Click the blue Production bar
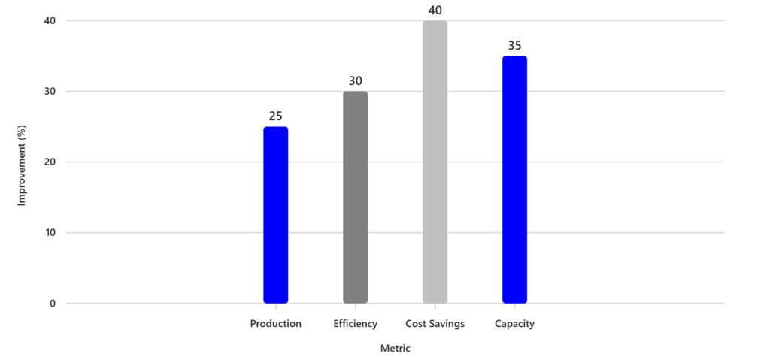tap(275, 215)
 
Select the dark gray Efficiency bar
tap(355, 198)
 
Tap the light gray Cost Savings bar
tap(435, 162)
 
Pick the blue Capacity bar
tap(514, 180)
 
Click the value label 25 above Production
tap(275, 116)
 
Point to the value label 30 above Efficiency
tap(355, 81)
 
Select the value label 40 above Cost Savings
tap(435, 11)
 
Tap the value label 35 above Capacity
tap(514, 46)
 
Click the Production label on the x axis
tap(275, 324)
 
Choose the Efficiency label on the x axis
tap(355, 324)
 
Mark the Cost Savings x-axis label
tap(435, 324)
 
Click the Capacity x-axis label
tap(514, 324)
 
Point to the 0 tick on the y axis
tap(53, 304)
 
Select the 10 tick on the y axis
tap(50, 233)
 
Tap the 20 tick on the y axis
tap(50, 162)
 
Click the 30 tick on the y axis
tap(50, 92)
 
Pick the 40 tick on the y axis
tap(50, 21)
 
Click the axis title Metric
tap(395, 349)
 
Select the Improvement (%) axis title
tap(22, 162)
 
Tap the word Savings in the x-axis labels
tap(447, 324)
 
